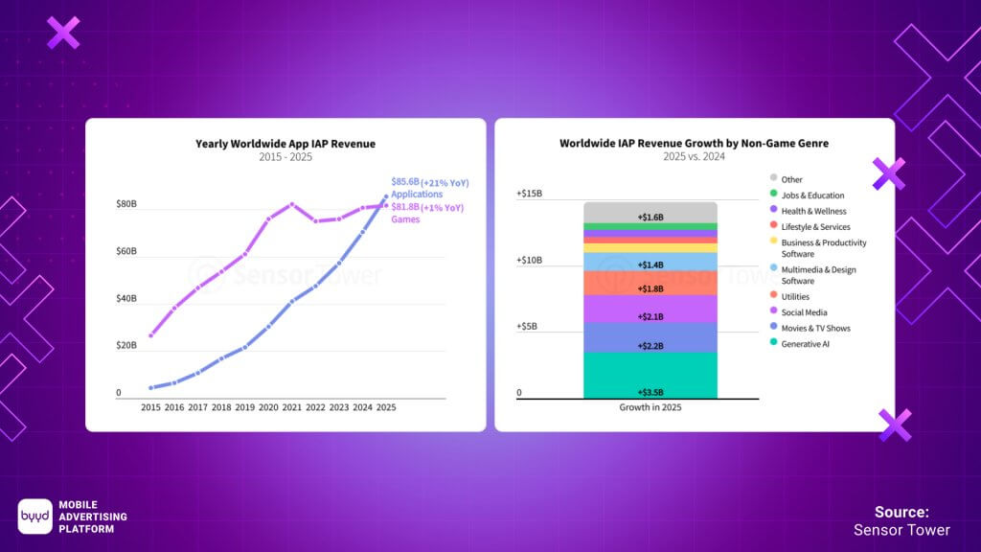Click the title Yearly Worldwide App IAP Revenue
285,144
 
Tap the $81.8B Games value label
427,213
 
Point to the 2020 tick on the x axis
268,407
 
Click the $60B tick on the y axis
126,251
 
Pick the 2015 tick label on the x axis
150,407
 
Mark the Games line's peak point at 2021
292,204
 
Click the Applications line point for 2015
150,388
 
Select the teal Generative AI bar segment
650,374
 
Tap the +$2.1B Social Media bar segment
650,309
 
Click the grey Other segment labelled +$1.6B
650,212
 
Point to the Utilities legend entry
795,297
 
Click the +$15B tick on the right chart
530,194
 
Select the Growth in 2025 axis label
650,407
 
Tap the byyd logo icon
34,516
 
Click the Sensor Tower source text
901,530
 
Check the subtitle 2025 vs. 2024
694,157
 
